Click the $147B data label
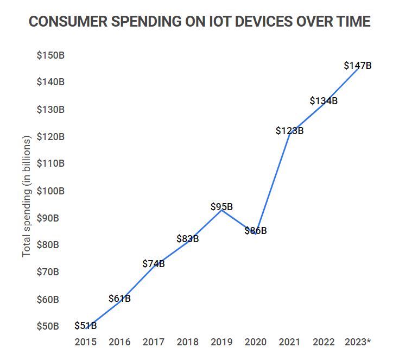coord(358,66)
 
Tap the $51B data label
coord(86,326)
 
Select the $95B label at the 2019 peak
coord(221,207)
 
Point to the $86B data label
coord(256,231)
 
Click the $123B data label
coord(289,131)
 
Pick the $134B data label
coord(324,101)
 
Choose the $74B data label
coord(154,264)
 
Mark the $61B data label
coord(119,298)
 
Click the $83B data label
coord(188,239)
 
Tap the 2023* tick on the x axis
coord(358,342)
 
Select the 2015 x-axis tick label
coord(86,342)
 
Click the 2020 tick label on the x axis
coord(256,342)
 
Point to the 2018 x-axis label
coord(188,342)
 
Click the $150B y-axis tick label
coord(50,55)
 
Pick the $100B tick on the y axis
coord(50,191)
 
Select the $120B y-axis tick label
coord(50,137)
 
